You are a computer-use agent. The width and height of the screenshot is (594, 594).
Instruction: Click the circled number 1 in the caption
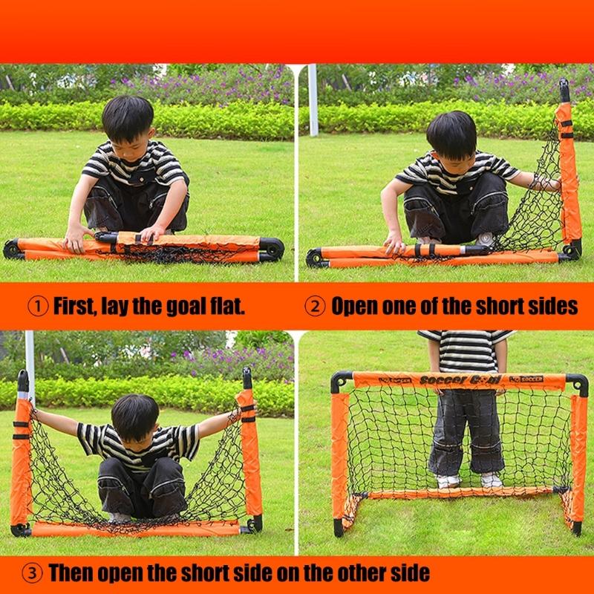tap(36, 306)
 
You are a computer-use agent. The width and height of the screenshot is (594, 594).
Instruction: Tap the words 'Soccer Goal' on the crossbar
tap(454, 380)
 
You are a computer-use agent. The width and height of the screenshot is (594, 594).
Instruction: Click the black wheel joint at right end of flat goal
tap(272, 248)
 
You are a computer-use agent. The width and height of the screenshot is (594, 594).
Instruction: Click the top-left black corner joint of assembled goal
tap(341, 381)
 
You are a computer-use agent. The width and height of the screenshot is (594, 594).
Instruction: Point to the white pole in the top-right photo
tap(313, 100)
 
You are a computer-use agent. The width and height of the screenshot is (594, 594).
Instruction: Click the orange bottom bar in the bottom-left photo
tap(134, 528)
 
